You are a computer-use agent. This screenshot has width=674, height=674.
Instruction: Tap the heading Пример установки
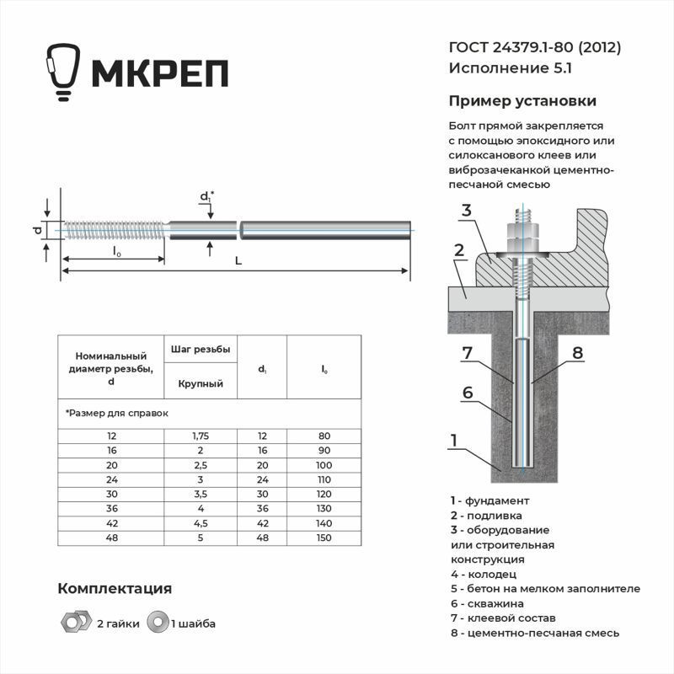point(522,101)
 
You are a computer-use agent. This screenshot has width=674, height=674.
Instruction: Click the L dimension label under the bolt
point(238,262)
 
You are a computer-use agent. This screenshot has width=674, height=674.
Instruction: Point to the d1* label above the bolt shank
point(206,197)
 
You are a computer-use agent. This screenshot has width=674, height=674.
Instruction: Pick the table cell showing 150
point(324,537)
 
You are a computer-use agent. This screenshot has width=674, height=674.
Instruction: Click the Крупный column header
point(201,383)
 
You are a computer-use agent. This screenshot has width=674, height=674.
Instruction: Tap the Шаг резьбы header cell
point(201,349)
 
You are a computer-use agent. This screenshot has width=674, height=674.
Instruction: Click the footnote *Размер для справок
point(117,414)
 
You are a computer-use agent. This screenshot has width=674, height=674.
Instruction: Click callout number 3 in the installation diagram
point(465,211)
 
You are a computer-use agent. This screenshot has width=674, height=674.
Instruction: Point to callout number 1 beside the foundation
point(454,440)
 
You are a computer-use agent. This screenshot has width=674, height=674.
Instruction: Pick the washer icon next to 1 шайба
point(157,623)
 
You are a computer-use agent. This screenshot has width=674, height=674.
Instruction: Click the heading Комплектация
point(115,588)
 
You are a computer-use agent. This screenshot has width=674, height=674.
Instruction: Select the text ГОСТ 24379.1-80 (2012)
point(535,48)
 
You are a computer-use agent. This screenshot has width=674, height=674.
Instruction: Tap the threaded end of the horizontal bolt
point(114,228)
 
